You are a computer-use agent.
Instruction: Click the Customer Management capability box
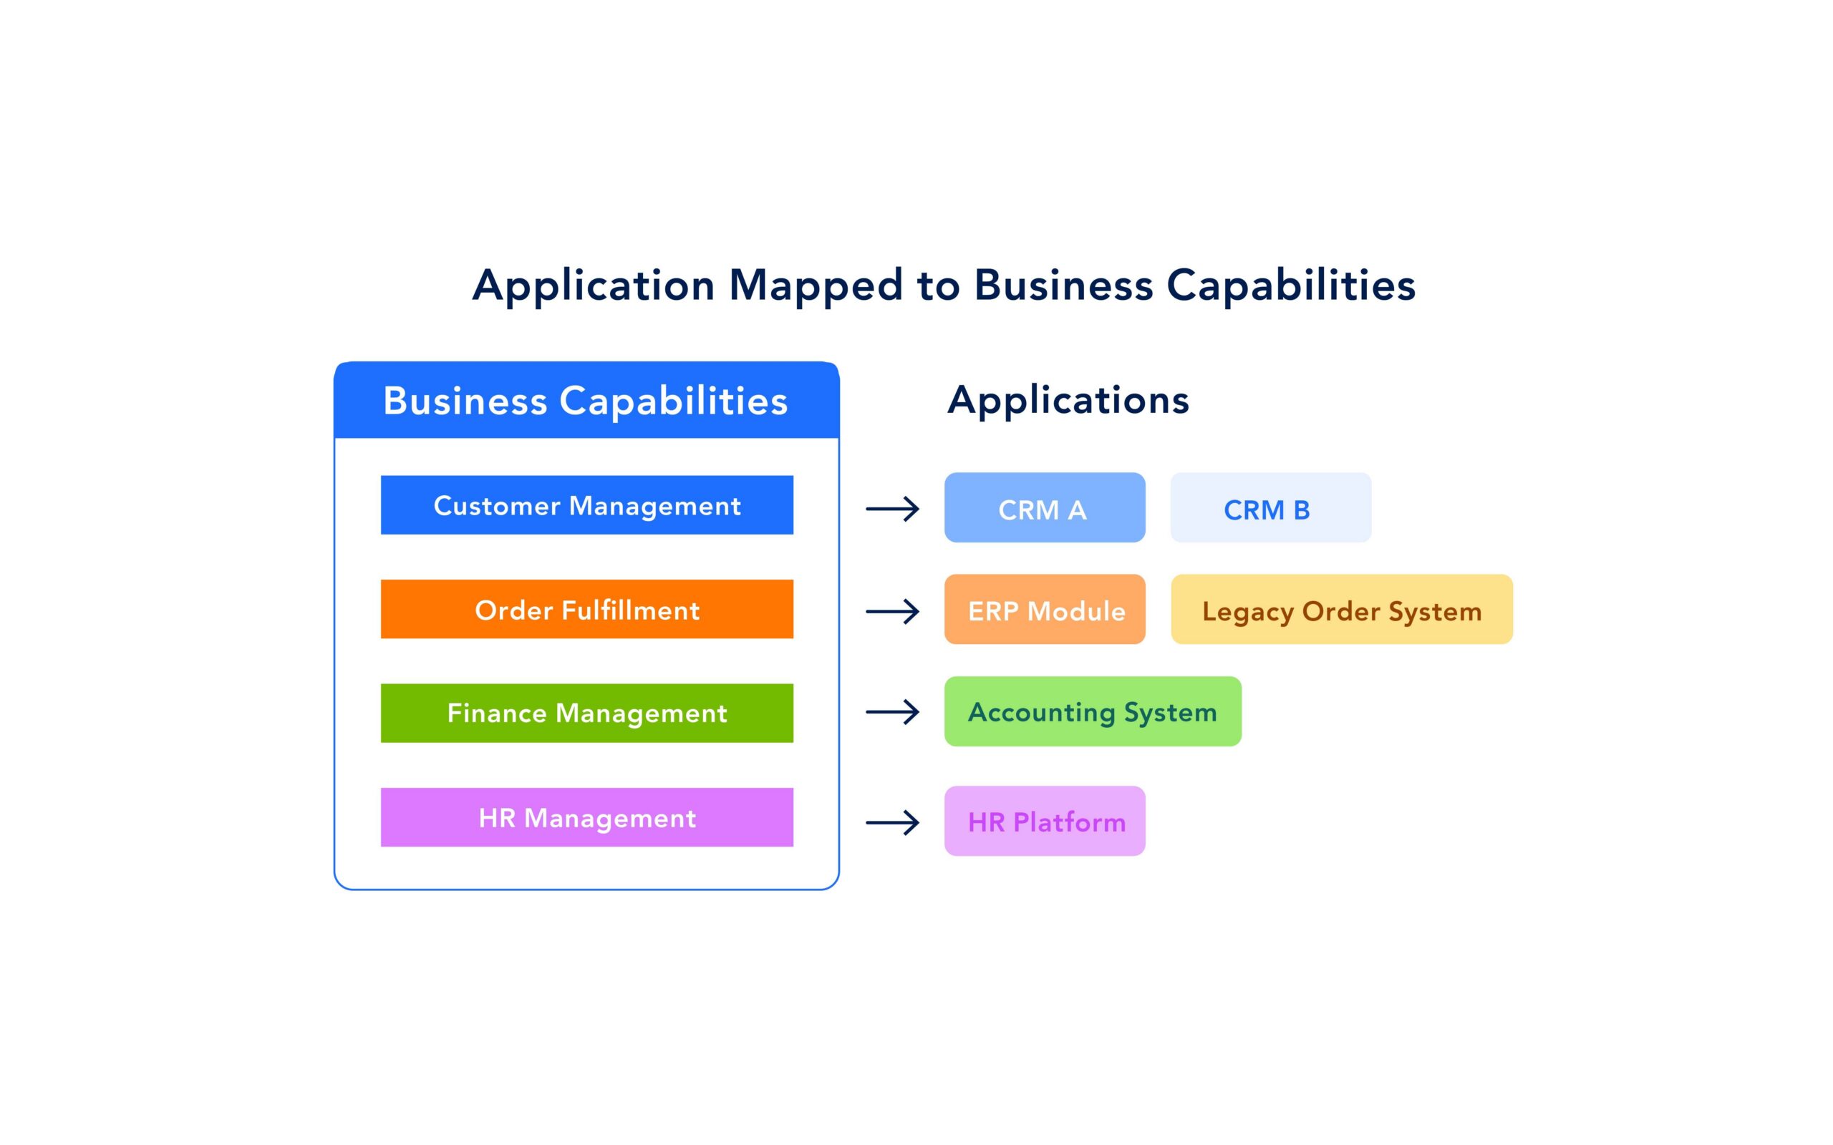click(x=586, y=505)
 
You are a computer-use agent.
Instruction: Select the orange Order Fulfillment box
click(x=586, y=609)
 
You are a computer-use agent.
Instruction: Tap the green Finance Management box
click(x=586, y=713)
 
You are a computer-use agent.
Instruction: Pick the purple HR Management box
click(x=586, y=817)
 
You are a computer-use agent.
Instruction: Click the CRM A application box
click(x=1044, y=508)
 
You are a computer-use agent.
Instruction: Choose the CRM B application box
click(x=1269, y=508)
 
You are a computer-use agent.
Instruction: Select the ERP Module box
click(x=1044, y=610)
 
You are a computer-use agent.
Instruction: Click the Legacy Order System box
click(x=1340, y=610)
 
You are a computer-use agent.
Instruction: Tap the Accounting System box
click(x=1091, y=712)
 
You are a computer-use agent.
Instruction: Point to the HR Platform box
click(x=1044, y=821)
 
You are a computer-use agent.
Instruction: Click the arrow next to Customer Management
click(x=892, y=509)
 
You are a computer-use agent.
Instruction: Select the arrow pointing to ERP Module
click(x=892, y=611)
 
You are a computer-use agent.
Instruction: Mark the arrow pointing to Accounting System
click(x=892, y=712)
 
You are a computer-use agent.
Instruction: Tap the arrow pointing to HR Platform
click(x=892, y=822)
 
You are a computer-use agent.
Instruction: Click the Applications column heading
click(x=1068, y=400)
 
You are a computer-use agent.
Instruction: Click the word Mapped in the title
click(x=816, y=286)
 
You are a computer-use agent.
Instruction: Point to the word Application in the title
click(x=593, y=286)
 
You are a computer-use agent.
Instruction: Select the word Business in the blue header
click(x=464, y=401)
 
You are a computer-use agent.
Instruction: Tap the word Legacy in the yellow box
click(x=1247, y=612)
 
